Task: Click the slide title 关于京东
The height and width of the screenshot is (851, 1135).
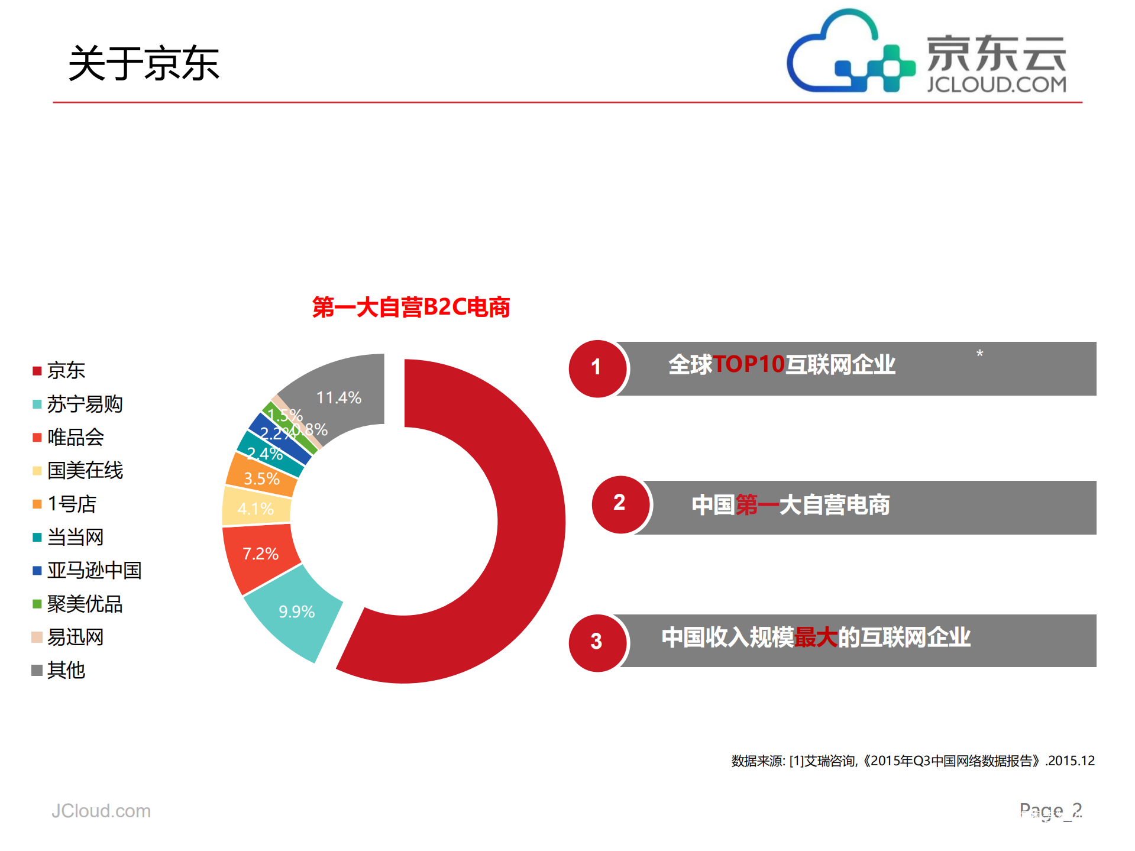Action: coord(144,63)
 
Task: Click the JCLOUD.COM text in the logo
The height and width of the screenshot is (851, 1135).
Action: coord(996,85)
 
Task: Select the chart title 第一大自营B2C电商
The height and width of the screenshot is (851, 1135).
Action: coord(411,308)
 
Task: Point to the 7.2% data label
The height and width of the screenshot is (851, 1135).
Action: coord(260,554)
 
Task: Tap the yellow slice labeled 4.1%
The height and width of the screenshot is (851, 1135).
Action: coord(256,508)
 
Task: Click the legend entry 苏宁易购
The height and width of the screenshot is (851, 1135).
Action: coord(85,404)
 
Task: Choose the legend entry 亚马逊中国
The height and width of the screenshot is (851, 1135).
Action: coord(94,570)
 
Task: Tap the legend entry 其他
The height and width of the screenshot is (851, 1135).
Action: coord(66,670)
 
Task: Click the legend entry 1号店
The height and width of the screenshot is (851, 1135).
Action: coord(72,504)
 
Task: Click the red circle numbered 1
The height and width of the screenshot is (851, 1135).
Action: coord(597,368)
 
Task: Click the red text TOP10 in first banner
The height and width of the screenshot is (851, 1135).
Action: coord(749,364)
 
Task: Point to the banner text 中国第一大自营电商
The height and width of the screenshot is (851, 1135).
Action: coord(790,505)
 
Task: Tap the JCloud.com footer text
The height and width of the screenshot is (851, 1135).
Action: coord(101,811)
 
